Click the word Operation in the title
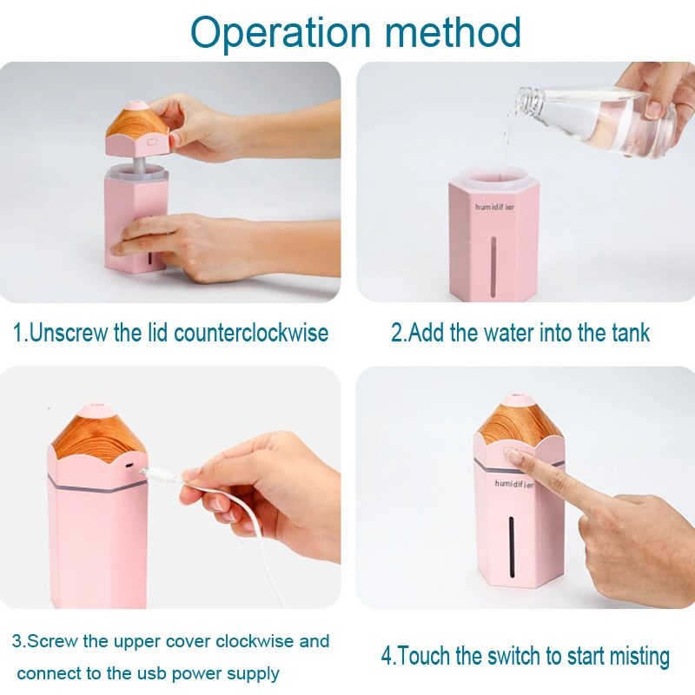point(280,33)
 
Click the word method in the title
point(453,32)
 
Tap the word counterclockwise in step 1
point(251,333)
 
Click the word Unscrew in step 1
point(69,333)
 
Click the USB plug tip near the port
point(143,470)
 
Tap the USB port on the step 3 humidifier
point(129,466)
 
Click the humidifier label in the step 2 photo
point(494,207)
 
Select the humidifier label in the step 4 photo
point(514,484)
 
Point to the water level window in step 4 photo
point(512,546)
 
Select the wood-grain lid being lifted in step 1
point(137,128)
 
